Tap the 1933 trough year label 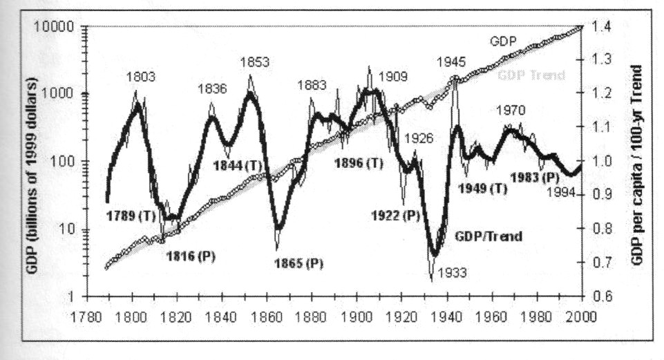tap(453, 272)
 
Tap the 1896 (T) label tap(358, 164)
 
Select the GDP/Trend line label tap(488, 236)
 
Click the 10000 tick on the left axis tap(59, 28)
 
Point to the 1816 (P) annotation tap(191, 255)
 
